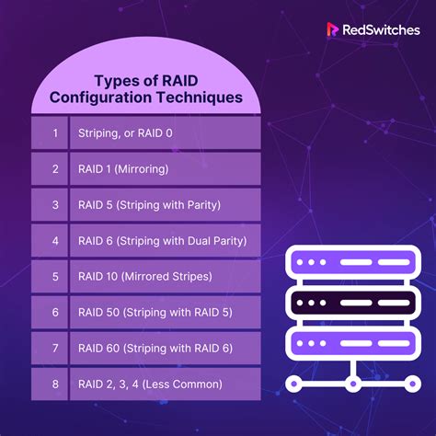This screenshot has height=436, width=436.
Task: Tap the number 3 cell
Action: pyautogui.click(x=54, y=204)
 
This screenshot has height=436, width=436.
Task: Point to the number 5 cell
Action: pyautogui.click(x=54, y=276)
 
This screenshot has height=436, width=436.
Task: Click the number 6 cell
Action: pyautogui.click(x=54, y=312)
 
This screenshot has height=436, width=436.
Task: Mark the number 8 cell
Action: pyautogui.click(x=54, y=384)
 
